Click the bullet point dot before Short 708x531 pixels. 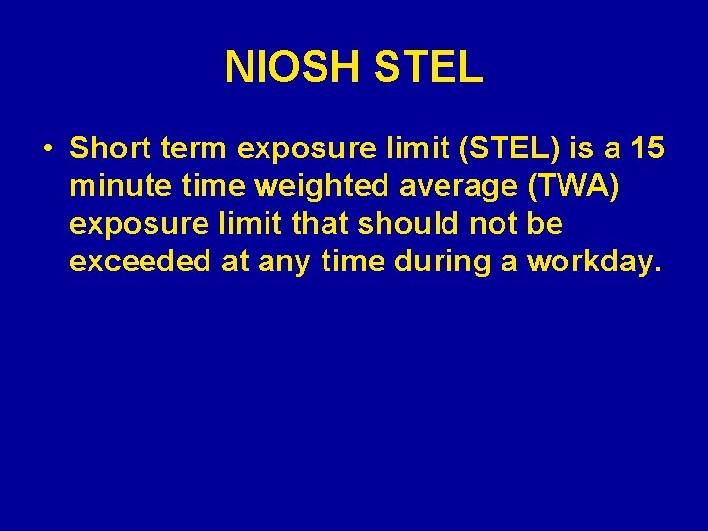coord(47,149)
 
